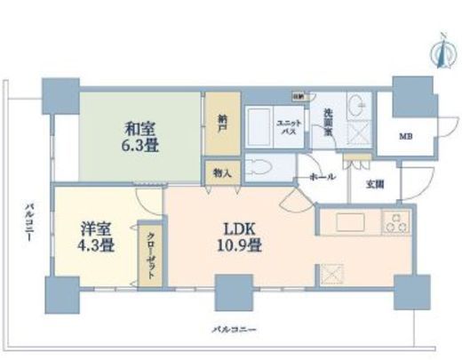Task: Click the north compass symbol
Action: (x=437, y=48)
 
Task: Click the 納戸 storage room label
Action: (x=222, y=127)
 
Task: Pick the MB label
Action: (x=405, y=136)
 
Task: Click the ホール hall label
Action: (x=322, y=178)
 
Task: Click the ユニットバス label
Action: (x=288, y=127)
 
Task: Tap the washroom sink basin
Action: (x=360, y=105)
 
